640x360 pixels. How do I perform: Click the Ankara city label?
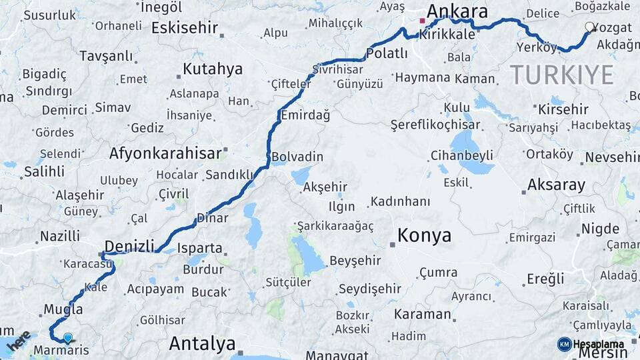coord(457,11)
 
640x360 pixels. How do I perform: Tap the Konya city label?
coord(424,235)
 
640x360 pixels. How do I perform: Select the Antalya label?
coord(202,343)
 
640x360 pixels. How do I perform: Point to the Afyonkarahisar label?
coord(165,153)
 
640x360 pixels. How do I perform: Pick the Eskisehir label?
coord(185,28)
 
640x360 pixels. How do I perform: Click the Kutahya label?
coord(213,69)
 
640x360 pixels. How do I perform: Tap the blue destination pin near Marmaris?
coord(67,338)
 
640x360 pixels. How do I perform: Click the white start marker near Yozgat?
coord(590,27)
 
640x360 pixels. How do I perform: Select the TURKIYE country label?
coord(562,75)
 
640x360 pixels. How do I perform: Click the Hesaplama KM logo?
coord(591,344)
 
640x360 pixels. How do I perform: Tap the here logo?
coord(19,340)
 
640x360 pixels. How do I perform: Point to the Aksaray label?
coord(556,185)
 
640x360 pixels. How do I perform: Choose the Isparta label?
coord(200,248)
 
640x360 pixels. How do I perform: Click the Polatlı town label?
coord(387,54)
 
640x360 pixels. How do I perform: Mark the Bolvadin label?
coord(297,157)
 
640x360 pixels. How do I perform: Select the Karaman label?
coord(423,313)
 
